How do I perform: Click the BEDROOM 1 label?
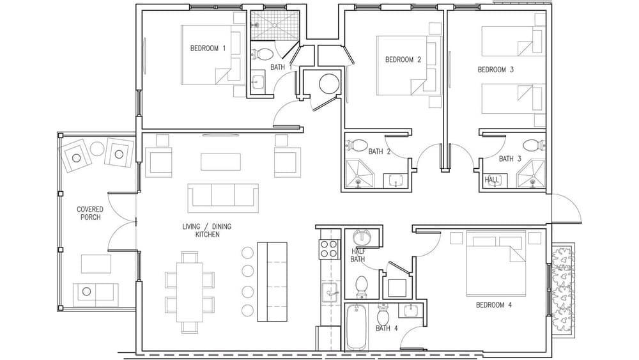click(208, 48)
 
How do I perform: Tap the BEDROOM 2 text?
click(403, 59)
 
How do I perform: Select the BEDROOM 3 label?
click(496, 69)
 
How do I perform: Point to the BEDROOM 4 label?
click(494, 305)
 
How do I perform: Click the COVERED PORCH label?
click(90, 213)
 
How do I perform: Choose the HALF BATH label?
click(358, 255)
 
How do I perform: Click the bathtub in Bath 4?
click(356, 326)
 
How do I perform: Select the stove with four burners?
click(328, 248)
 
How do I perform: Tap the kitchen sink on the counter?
click(330, 294)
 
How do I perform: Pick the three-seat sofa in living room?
click(222, 198)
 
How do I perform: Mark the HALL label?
click(491, 180)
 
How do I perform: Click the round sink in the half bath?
click(362, 237)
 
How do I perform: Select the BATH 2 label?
click(379, 152)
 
